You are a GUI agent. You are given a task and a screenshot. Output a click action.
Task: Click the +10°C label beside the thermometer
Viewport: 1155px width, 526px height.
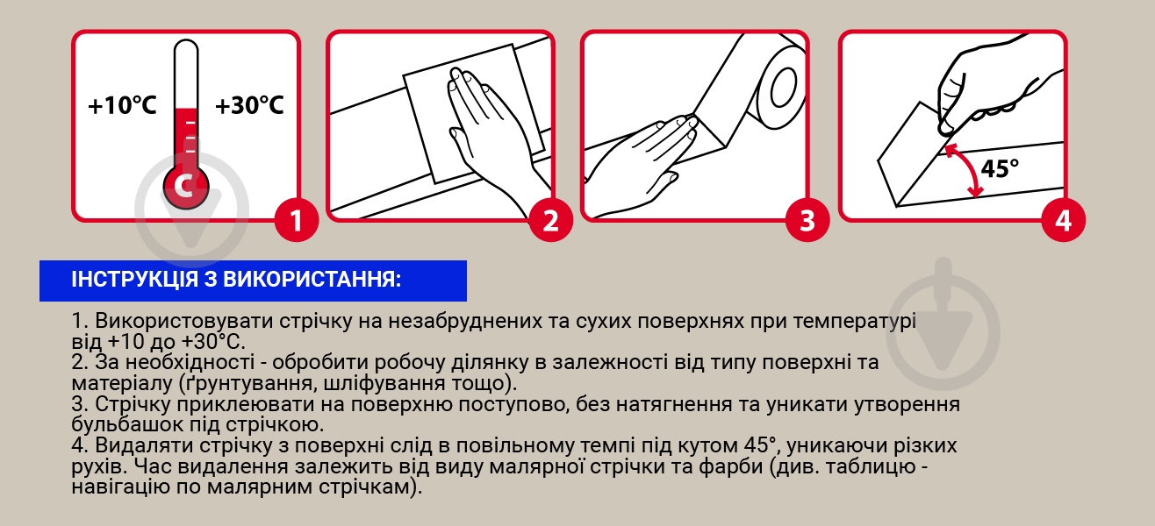pos(122,105)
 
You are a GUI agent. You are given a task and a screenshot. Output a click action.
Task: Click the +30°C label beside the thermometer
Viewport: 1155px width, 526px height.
pos(249,105)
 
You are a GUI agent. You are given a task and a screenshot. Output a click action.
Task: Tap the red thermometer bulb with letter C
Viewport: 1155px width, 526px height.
pos(186,186)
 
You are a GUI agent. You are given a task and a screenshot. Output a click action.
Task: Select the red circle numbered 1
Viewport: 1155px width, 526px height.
pos(297,220)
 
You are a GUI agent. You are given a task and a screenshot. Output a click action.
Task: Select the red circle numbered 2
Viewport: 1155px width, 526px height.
pos(550,220)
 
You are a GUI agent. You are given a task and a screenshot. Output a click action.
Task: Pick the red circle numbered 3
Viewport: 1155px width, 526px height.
pos(807,220)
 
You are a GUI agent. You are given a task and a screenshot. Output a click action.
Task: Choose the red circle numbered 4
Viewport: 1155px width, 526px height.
pos(1063,220)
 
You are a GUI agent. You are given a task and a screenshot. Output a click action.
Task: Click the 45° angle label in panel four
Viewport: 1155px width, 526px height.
pos(1000,168)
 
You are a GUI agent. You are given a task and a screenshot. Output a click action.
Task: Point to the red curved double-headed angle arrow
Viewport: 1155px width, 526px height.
pos(973,166)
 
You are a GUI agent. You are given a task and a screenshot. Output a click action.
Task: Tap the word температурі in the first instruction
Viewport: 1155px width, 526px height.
pos(854,322)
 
